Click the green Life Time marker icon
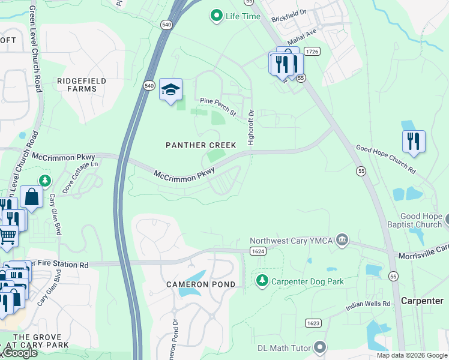point(217,16)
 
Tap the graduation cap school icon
point(170,90)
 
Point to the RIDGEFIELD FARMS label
point(82,85)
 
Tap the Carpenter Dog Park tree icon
point(262,280)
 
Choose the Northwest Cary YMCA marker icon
point(342,241)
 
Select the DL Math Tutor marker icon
point(320,347)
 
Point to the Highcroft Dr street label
point(251,128)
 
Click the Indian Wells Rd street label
point(368,305)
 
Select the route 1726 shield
point(312,52)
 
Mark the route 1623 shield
point(313,323)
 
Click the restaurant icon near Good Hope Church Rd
point(413,142)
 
